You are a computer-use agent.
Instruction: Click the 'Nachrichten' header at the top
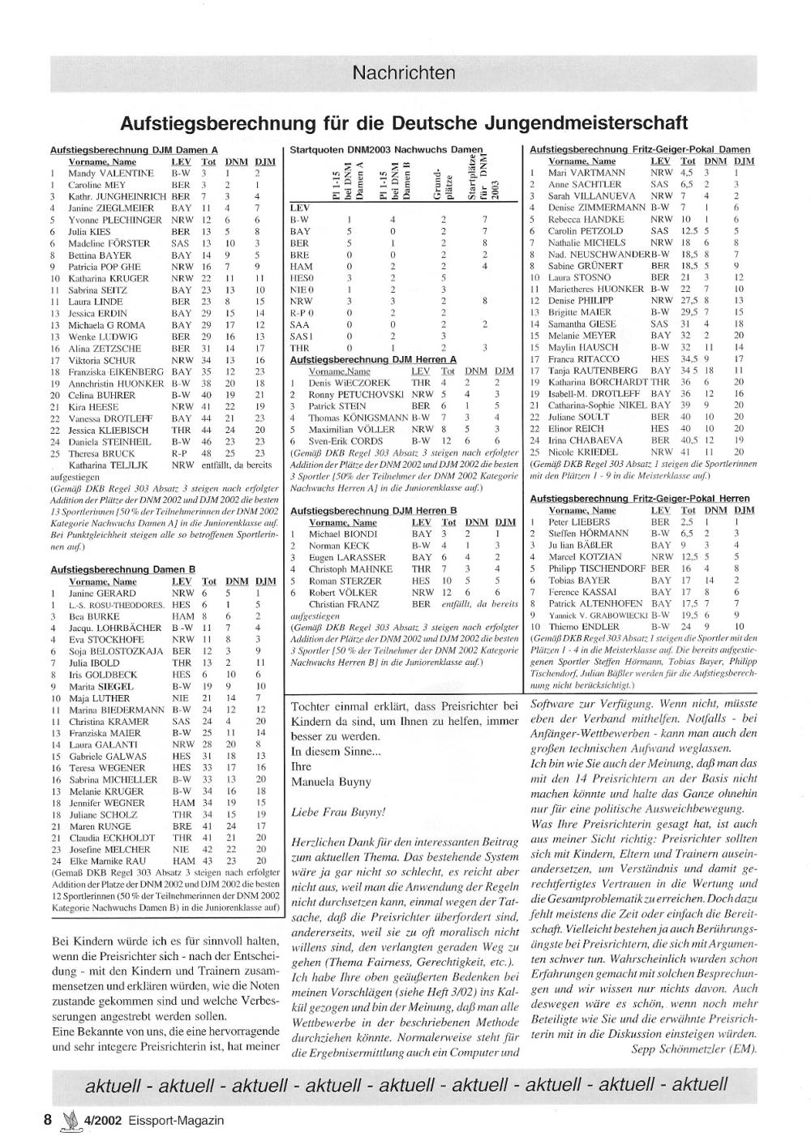tap(403, 73)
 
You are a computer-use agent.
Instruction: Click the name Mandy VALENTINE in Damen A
tap(110, 174)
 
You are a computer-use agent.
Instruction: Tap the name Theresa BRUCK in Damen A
tap(102, 454)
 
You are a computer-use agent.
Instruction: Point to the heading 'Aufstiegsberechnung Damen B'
tap(122, 570)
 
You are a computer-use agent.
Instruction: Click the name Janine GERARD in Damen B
tap(102, 594)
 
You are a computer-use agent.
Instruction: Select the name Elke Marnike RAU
tap(108, 860)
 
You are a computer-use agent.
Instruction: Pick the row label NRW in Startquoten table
tap(300, 301)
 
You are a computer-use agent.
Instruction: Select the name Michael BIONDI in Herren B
tap(343, 534)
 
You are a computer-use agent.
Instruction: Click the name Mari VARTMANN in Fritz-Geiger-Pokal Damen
tap(586, 173)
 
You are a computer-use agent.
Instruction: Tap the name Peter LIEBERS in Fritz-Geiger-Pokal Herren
tap(579, 522)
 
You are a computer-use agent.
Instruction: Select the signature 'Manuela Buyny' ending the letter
tap(326, 783)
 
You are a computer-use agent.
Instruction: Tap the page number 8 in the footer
tap(48, 1120)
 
